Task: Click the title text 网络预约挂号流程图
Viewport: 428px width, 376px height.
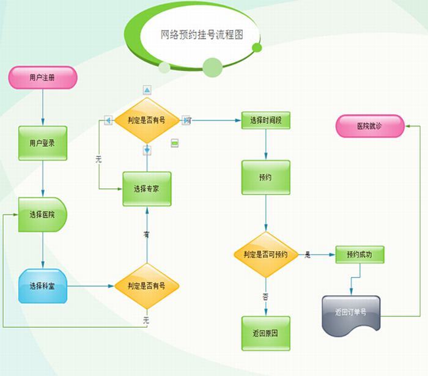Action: tap(202, 35)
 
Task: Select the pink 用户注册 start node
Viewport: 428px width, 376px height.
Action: tap(42, 78)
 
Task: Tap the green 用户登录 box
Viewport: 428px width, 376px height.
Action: tap(42, 144)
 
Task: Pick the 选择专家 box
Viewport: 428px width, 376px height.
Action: tap(147, 189)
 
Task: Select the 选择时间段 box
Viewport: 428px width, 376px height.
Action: tap(266, 120)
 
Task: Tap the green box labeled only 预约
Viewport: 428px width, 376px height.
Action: tap(265, 178)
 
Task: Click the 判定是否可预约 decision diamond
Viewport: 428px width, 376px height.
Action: tap(265, 254)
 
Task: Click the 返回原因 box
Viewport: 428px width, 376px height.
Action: tap(265, 333)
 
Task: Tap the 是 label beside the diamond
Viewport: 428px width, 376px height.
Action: tap(308, 254)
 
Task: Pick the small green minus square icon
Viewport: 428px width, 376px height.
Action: tap(174, 142)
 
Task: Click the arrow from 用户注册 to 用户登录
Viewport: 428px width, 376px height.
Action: tap(42, 108)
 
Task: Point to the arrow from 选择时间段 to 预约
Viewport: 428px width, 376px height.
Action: tap(265, 144)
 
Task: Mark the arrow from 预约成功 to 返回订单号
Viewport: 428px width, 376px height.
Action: tap(352, 279)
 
